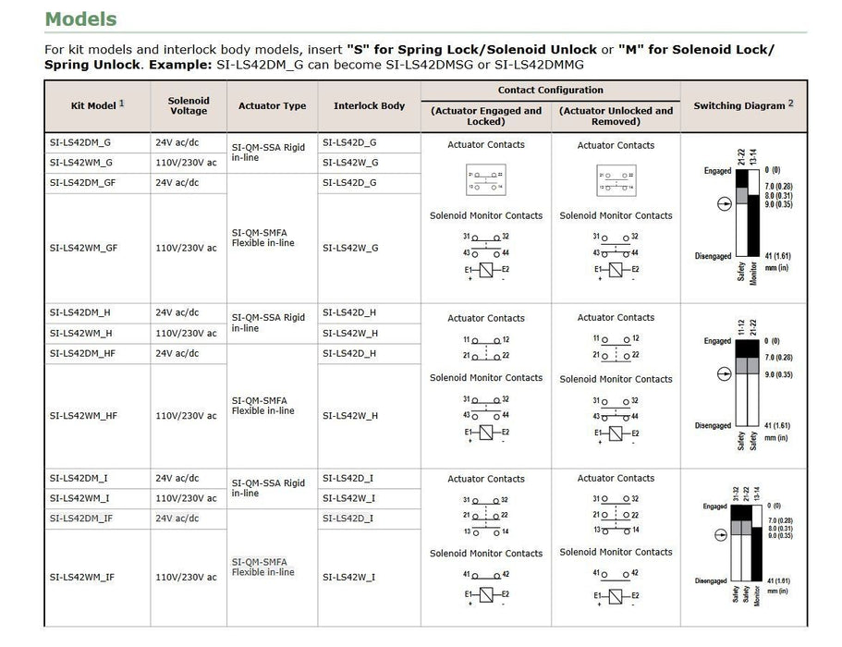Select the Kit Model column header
[93, 105]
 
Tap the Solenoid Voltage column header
[189, 105]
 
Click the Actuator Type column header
[272, 105]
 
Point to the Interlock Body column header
[369, 105]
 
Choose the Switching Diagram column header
[739, 105]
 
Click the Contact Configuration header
[550, 91]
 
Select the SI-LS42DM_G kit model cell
[80, 143]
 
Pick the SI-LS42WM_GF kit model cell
[83, 248]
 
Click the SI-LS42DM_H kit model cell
[80, 312]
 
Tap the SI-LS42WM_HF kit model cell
[83, 416]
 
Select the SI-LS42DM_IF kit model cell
[81, 519]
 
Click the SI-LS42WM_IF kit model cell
[82, 577]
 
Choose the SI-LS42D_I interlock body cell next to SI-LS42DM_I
[348, 478]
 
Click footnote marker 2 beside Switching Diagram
[790, 103]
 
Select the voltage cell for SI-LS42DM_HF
[177, 354]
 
